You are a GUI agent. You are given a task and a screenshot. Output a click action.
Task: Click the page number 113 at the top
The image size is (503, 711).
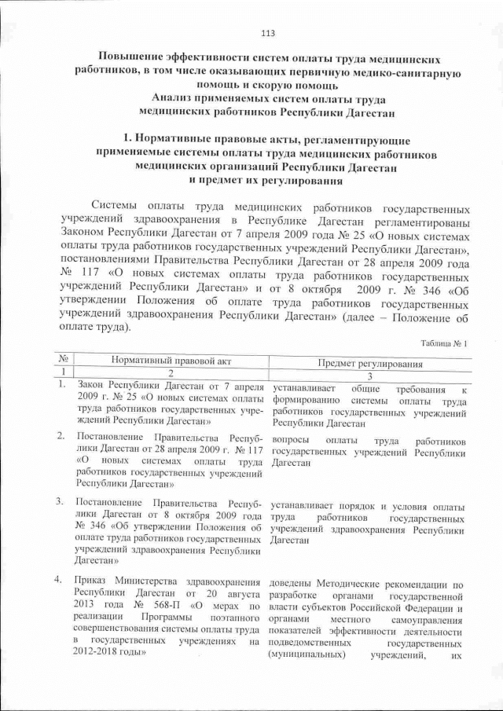(267, 33)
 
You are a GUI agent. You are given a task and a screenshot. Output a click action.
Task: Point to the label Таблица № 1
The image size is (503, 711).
(444, 343)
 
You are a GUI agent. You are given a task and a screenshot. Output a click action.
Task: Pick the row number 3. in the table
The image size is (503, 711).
(61, 500)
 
